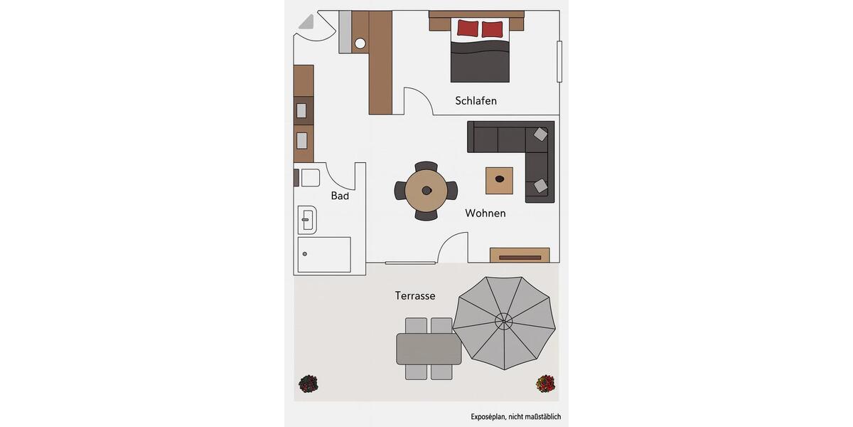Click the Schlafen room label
(476, 101)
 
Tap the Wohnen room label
(485, 213)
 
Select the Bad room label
(340, 196)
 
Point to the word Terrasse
(415, 295)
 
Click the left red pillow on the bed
(467, 28)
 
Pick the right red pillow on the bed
(492, 29)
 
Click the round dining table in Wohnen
(426, 191)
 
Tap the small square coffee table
(499, 180)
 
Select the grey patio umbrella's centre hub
(503, 322)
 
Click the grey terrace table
(429, 349)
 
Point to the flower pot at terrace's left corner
(308, 384)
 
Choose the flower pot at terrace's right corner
(545, 384)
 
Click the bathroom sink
(307, 221)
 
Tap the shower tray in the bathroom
(324, 255)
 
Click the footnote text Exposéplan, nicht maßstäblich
(515, 417)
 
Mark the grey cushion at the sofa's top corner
(541, 134)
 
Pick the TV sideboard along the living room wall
(520, 255)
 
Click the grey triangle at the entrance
(306, 21)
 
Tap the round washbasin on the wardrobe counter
(360, 43)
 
